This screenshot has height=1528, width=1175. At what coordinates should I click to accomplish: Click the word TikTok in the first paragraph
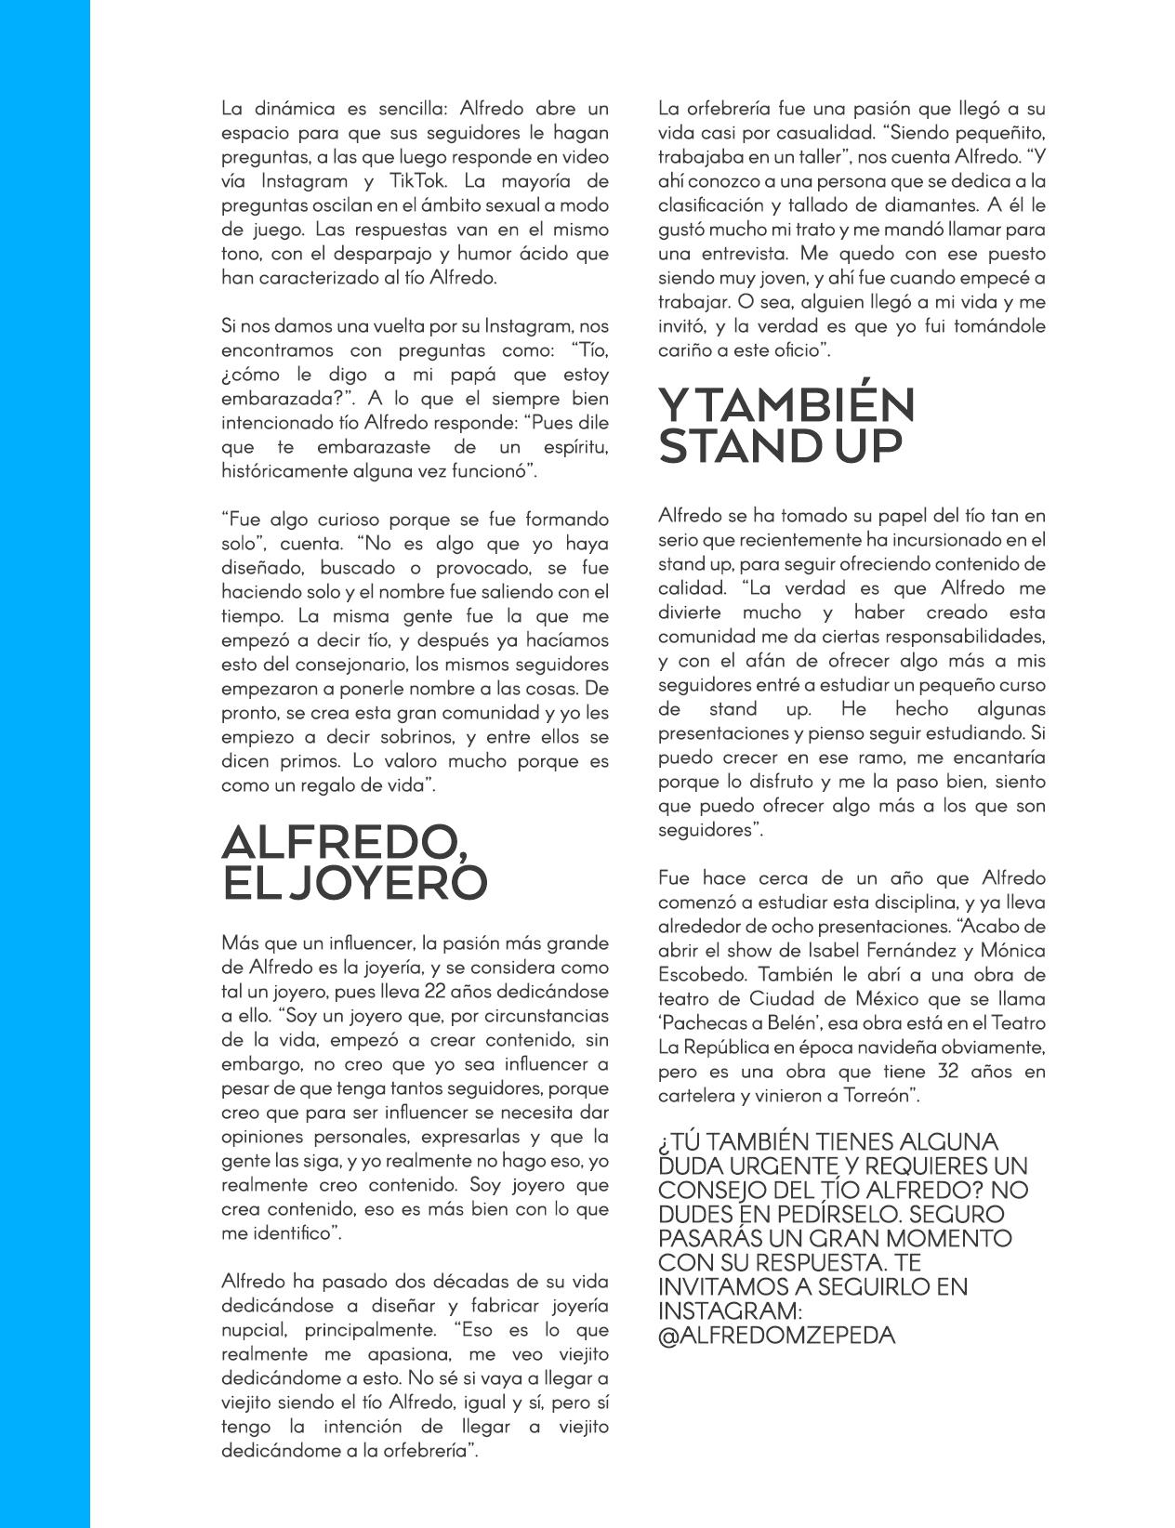pos(447,181)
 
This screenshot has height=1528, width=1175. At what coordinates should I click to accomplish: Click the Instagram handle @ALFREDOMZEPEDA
pos(776,1336)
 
